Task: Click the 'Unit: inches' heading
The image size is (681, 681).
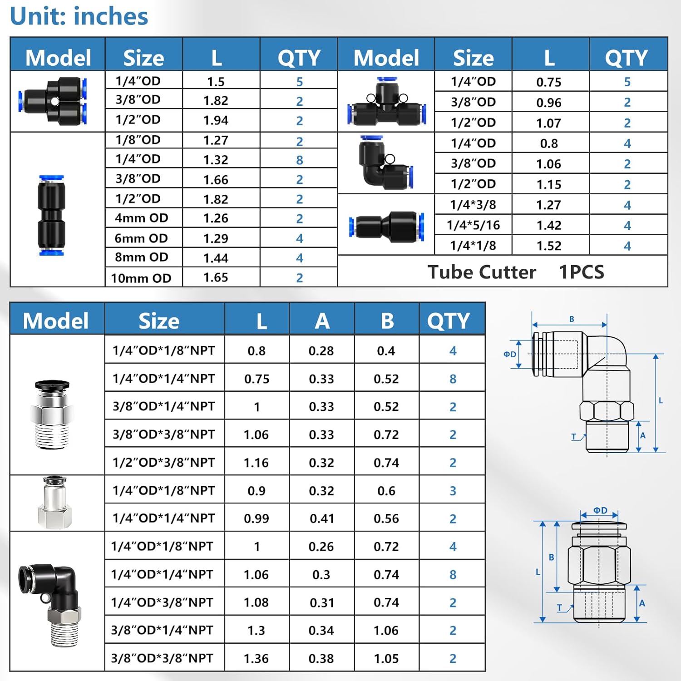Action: pyautogui.click(x=79, y=16)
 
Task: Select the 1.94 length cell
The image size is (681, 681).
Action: pyautogui.click(x=216, y=120)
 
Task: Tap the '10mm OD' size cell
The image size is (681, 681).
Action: pyautogui.click(x=141, y=278)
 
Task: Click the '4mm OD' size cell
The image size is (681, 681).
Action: pyautogui.click(x=141, y=218)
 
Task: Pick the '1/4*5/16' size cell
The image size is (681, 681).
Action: pyautogui.click(x=473, y=225)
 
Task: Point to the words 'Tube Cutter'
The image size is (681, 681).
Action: pyautogui.click(x=482, y=272)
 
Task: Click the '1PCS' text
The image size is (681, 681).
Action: pyautogui.click(x=581, y=272)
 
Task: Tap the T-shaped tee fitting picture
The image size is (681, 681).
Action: pyautogui.click(x=386, y=101)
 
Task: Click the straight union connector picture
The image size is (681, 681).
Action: pyautogui.click(x=51, y=215)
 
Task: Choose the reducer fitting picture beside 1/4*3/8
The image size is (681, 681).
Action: pyautogui.click(x=386, y=226)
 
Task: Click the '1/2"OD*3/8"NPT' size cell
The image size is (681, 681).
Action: pyautogui.click(x=163, y=462)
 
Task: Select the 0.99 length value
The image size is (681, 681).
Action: pyautogui.click(x=257, y=518)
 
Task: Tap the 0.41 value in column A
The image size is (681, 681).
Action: pyautogui.click(x=321, y=518)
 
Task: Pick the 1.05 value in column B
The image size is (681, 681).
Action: pyautogui.click(x=386, y=658)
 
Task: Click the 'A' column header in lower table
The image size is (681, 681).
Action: pyautogui.click(x=322, y=321)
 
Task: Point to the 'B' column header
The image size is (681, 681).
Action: pyautogui.click(x=387, y=321)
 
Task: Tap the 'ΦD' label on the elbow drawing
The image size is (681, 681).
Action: pyautogui.click(x=510, y=354)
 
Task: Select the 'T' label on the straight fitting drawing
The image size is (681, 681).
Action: pyautogui.click(x=559, y=607)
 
